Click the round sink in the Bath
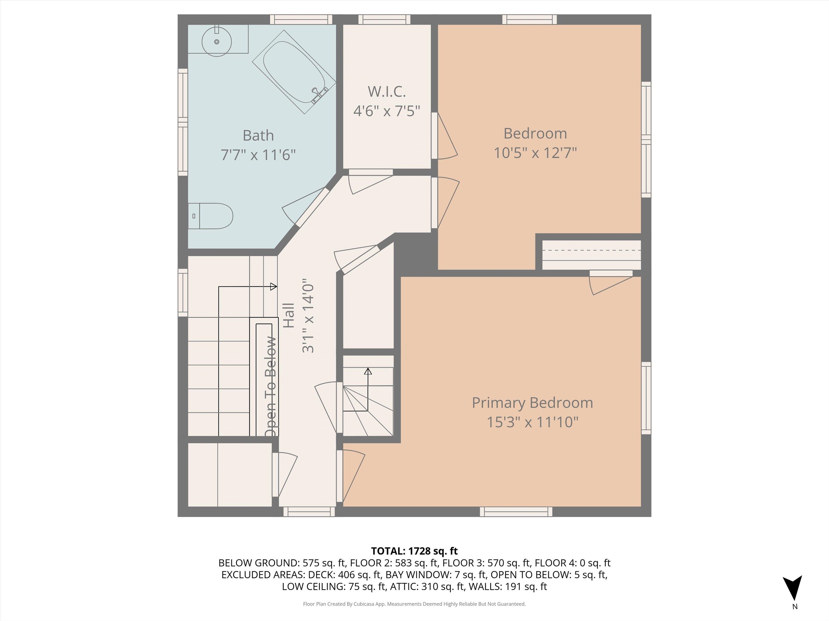click(x=216, y=42)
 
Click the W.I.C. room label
click(x=386, y=91)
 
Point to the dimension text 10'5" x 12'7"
click(x=535, y=153)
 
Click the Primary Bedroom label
click(x=532, y=403)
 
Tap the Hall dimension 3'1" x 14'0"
click(x=308, y=316)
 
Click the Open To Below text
click(x=271, y=385)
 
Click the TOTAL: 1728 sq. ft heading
click(x=414, y=551)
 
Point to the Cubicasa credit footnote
click(x=414, y=604)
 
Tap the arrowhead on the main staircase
click(x=274, y=287)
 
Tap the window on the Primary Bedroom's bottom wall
click(x=516, y=512)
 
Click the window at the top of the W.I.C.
click(x=384, y=19)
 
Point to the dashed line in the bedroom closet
click(x=592, y=250)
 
